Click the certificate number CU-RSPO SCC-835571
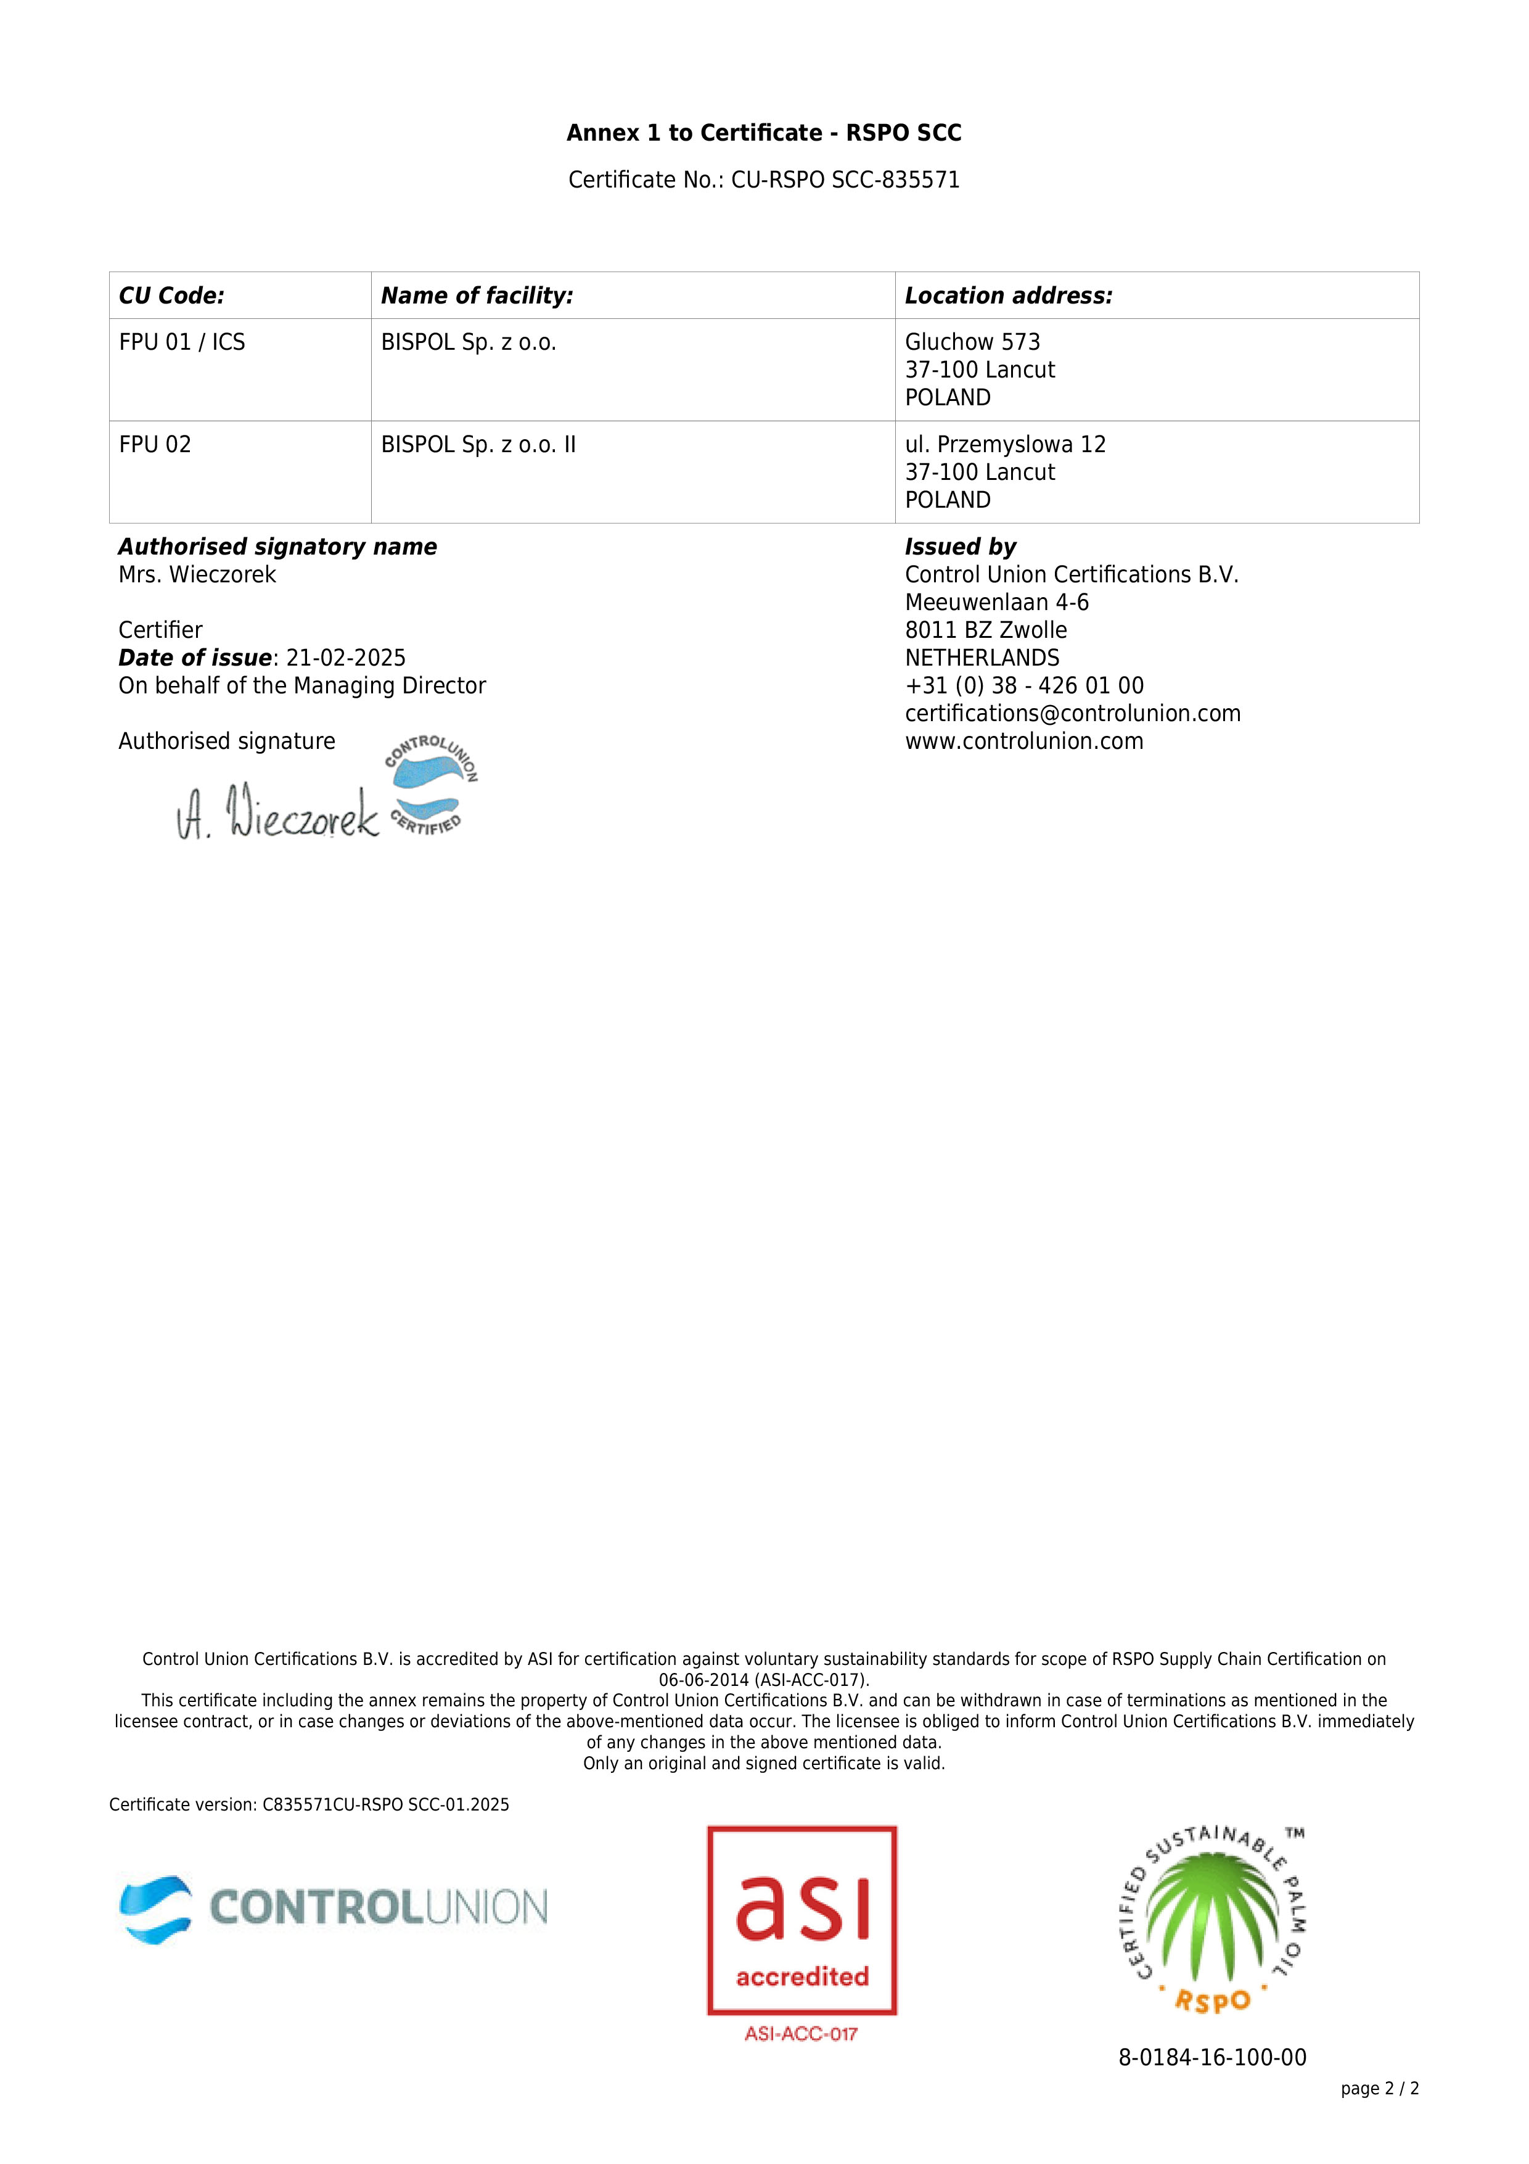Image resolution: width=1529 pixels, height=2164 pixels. point(845,180)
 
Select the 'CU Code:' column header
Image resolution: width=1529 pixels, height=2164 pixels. point(171,296)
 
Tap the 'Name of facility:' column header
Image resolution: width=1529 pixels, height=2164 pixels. point(477,296)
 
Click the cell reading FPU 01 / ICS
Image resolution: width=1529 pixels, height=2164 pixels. point(182,342)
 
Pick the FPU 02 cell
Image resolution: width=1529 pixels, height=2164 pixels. point(155,445)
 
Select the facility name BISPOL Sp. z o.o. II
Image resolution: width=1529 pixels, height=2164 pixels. point(478,445)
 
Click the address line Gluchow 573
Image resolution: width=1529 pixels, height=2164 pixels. point(972,342)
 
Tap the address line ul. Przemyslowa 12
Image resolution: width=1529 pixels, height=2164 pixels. point(1005,445)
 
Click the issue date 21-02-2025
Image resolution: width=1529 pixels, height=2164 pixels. point(346,658)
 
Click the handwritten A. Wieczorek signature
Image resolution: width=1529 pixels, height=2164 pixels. point(278,812)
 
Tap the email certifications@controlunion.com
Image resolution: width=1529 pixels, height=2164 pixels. point(1072,714)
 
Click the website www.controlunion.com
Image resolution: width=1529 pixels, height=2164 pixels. point(1024,741)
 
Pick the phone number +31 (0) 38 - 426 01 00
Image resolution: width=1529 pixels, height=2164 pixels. point(1024,686)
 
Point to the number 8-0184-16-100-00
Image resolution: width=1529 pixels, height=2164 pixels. point(1211,2057)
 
